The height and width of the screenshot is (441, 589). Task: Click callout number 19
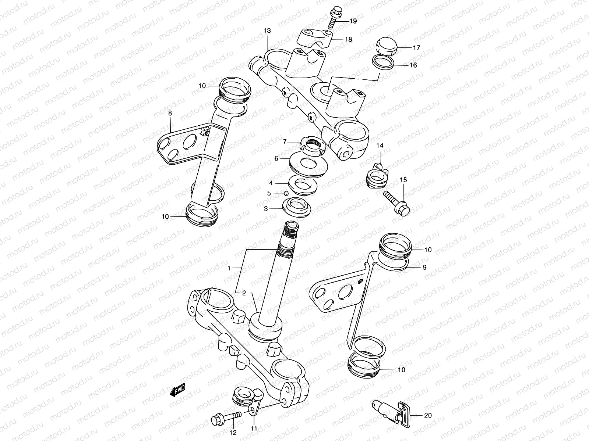pyautogui.click(x=353, y=21)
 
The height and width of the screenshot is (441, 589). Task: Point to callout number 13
pyautogui.click(x=267, y=31)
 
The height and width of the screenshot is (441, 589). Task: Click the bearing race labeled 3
pyautogui.click(x=297, y=207)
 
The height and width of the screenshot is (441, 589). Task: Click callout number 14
pyautogui.click(x=380, y=146)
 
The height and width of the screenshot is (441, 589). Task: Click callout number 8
pyautogui.click(x=170, y=113)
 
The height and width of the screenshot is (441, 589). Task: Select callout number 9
pyautogui.click(x=424, y=268)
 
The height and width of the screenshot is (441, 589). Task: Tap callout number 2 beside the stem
pyautogui.click(x=243, y=293)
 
